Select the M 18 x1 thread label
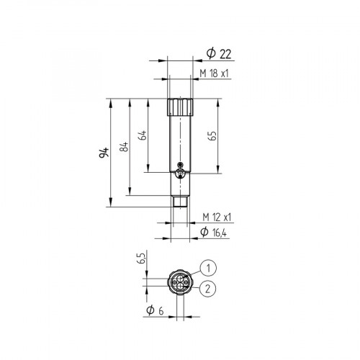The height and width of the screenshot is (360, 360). click(x=215, y=74)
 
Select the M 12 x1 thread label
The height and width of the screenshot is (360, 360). click(x=216, y=217)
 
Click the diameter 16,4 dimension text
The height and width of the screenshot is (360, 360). click(x=217, y=231)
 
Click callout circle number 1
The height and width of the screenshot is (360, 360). click(x=207, y=269)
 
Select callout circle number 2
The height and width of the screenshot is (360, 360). click(x=207, y=289)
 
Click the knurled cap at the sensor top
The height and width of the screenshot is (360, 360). click(x=180, y=108)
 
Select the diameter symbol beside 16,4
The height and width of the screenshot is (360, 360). click(x=204, y=231)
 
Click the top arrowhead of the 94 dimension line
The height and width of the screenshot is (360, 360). click(x=112, y=102)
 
